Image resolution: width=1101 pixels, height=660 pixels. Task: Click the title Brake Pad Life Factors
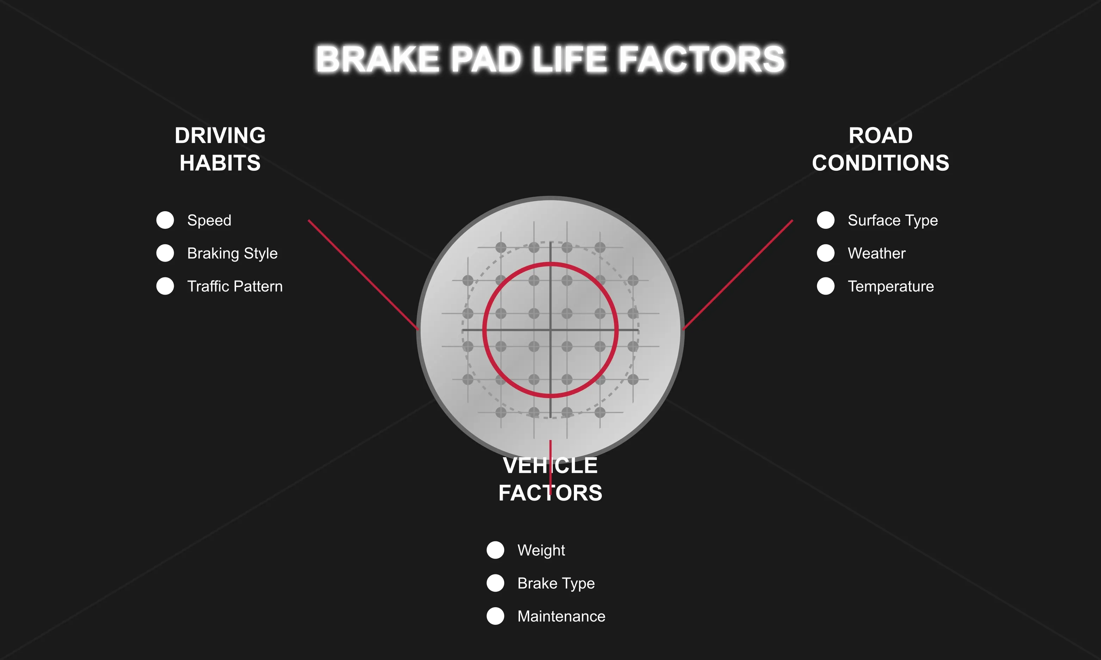pyautogui.click(x=550, y=59)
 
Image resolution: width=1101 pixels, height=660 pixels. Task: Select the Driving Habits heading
pyautogui.click(x=220, y=149)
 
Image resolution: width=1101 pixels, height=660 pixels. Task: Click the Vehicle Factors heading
pyautogui.click(x=550, y=479)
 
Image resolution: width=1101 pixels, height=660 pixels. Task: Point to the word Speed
pyautogui.click(x=209, y=220)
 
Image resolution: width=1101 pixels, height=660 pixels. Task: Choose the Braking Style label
pyautogui.click(x=232, y=253)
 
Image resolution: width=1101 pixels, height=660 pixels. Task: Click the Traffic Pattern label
pyautogui.click(x=235, y=286)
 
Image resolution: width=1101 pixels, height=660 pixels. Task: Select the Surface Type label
pyautogui.click(x=892, y=220)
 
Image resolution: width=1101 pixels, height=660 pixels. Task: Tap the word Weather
pyautogui.click(x=876, y=253)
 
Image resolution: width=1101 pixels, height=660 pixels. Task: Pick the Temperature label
pyautogui.click(x=891, y=286)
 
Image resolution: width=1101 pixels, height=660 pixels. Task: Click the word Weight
pyautogui.click(x=541, y=550)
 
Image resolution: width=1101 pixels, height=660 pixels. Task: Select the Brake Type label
pyautogui.click(x=556, y=583)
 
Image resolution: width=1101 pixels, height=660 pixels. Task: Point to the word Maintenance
pyautogui.click(x=561, y=616)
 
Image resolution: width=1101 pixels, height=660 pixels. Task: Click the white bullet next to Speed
pyautogui.click(x=165, y=220)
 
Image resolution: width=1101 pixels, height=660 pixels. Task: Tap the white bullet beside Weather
pyautogui.click(x=825, y=253)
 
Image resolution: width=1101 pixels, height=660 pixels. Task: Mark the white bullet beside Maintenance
pyautogui.click(x=495, y=616)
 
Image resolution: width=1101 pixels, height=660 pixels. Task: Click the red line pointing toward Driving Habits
pyautogui.click(x=363, y=275)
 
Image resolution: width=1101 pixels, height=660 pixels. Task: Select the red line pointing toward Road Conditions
pyautogui.click(x=738, y=275)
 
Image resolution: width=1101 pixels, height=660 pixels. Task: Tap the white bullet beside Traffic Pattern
pyautogui.click(x=165, y=286)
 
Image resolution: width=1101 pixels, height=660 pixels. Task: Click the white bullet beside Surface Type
pyautogui.click(x=825, y=220)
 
